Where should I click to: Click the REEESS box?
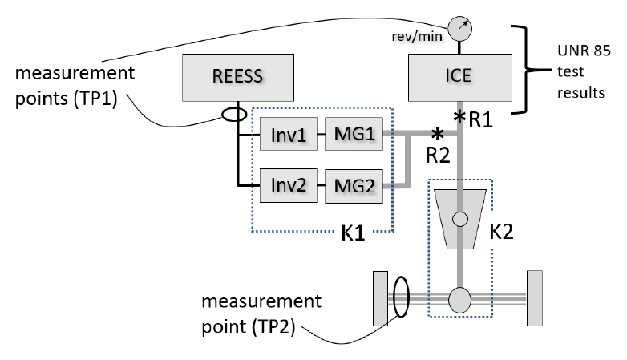[238, 78]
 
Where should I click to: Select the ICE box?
[460, 78]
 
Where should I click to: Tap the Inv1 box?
[289, 134]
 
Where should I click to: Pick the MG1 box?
[354, 134]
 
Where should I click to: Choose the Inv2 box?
[289, 185]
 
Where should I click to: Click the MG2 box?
[354, 186]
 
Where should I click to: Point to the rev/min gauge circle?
[460, 29]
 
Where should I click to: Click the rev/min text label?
[417, 36]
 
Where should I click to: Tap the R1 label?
[480, 119]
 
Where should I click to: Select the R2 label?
[439, 156]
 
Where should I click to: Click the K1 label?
[353, 233]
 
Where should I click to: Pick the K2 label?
[501, 231]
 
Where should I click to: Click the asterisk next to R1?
[460, 117]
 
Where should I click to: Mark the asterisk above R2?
[438, 134]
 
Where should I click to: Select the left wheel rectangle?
[380, 299]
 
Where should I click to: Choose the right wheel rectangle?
[535, 298]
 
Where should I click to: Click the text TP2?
[277, 327]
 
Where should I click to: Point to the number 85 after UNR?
[601, 51]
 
